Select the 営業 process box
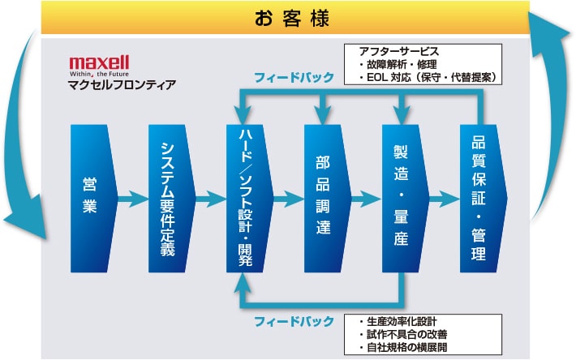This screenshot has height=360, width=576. point(89,197)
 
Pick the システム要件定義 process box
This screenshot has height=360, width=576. point(168,197)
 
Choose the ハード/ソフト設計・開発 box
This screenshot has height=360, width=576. point(247,197)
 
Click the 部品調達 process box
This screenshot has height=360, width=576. point(325,197)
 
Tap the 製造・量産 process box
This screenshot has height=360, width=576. point(402,197)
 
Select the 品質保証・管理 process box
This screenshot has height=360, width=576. point(479,197)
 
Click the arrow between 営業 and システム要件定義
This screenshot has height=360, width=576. point(130,197)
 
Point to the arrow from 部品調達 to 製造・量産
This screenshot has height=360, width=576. point(365,197)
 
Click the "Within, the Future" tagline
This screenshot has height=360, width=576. point(99,71)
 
